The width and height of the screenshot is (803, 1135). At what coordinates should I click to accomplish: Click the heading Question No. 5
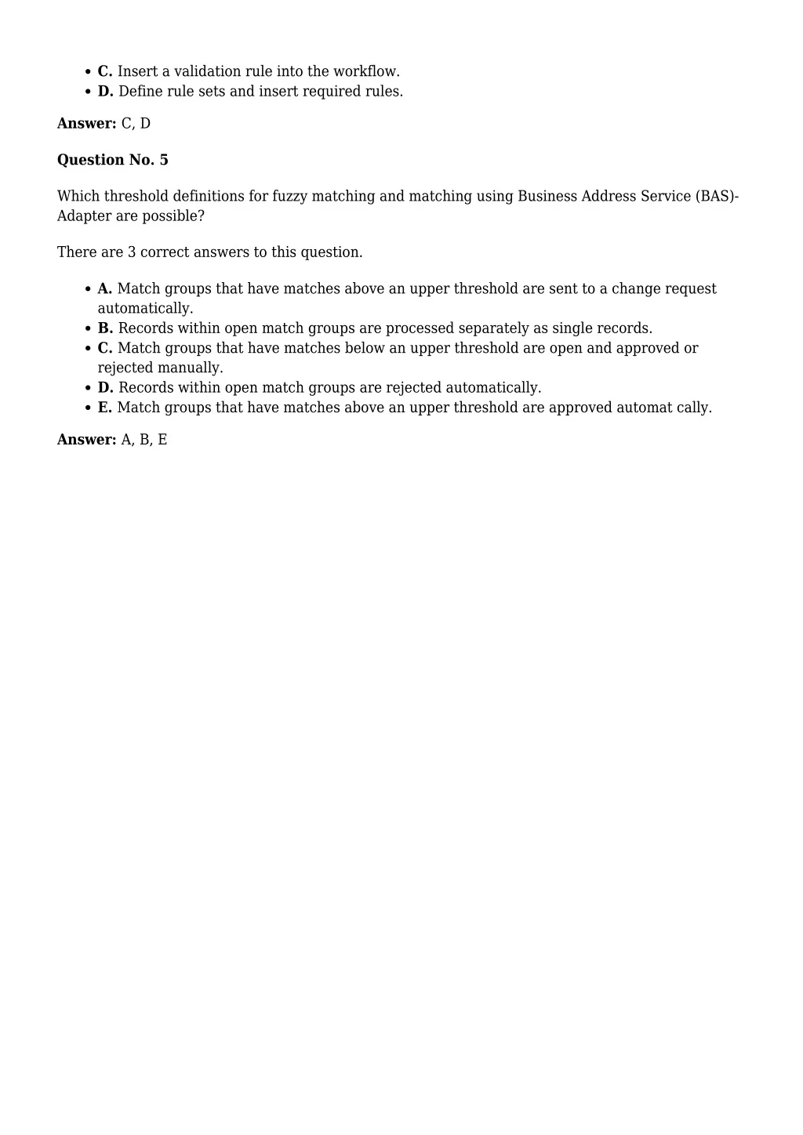112,160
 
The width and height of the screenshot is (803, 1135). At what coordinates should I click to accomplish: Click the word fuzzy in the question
289,196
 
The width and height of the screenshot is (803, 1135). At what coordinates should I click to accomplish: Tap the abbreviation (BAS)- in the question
717,196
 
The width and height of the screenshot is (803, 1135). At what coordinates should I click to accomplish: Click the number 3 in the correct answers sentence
132,252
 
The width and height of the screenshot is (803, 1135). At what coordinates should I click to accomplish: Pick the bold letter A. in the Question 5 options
105,288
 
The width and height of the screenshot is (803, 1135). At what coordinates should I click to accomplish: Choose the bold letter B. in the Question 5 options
105,328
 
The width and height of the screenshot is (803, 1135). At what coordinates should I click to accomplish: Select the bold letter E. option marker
105,408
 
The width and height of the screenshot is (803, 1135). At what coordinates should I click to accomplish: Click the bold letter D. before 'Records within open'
105,388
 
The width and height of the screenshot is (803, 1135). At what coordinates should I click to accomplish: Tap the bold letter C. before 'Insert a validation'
105,71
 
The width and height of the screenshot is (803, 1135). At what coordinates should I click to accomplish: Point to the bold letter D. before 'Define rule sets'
105,91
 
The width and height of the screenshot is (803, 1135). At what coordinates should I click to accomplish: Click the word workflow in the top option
366,71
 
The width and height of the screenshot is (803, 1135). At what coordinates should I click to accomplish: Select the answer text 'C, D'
136,124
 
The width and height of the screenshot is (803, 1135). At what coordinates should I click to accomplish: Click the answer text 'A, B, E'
144,440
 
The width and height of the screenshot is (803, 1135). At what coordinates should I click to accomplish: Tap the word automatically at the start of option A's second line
145,309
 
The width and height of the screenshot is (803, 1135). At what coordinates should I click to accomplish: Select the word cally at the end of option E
694,408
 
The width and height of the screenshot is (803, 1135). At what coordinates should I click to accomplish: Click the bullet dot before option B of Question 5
89,329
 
